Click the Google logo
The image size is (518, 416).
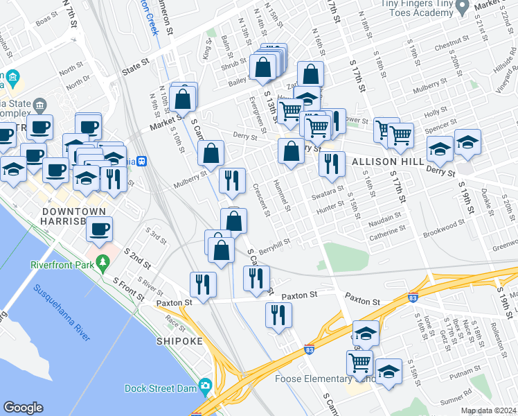[x=24, y=408]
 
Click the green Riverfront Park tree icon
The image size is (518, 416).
[x=103, y=263]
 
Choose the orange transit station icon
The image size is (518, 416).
[x=142, y=161]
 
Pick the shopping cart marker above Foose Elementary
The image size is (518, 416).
[x=359, y=361]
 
